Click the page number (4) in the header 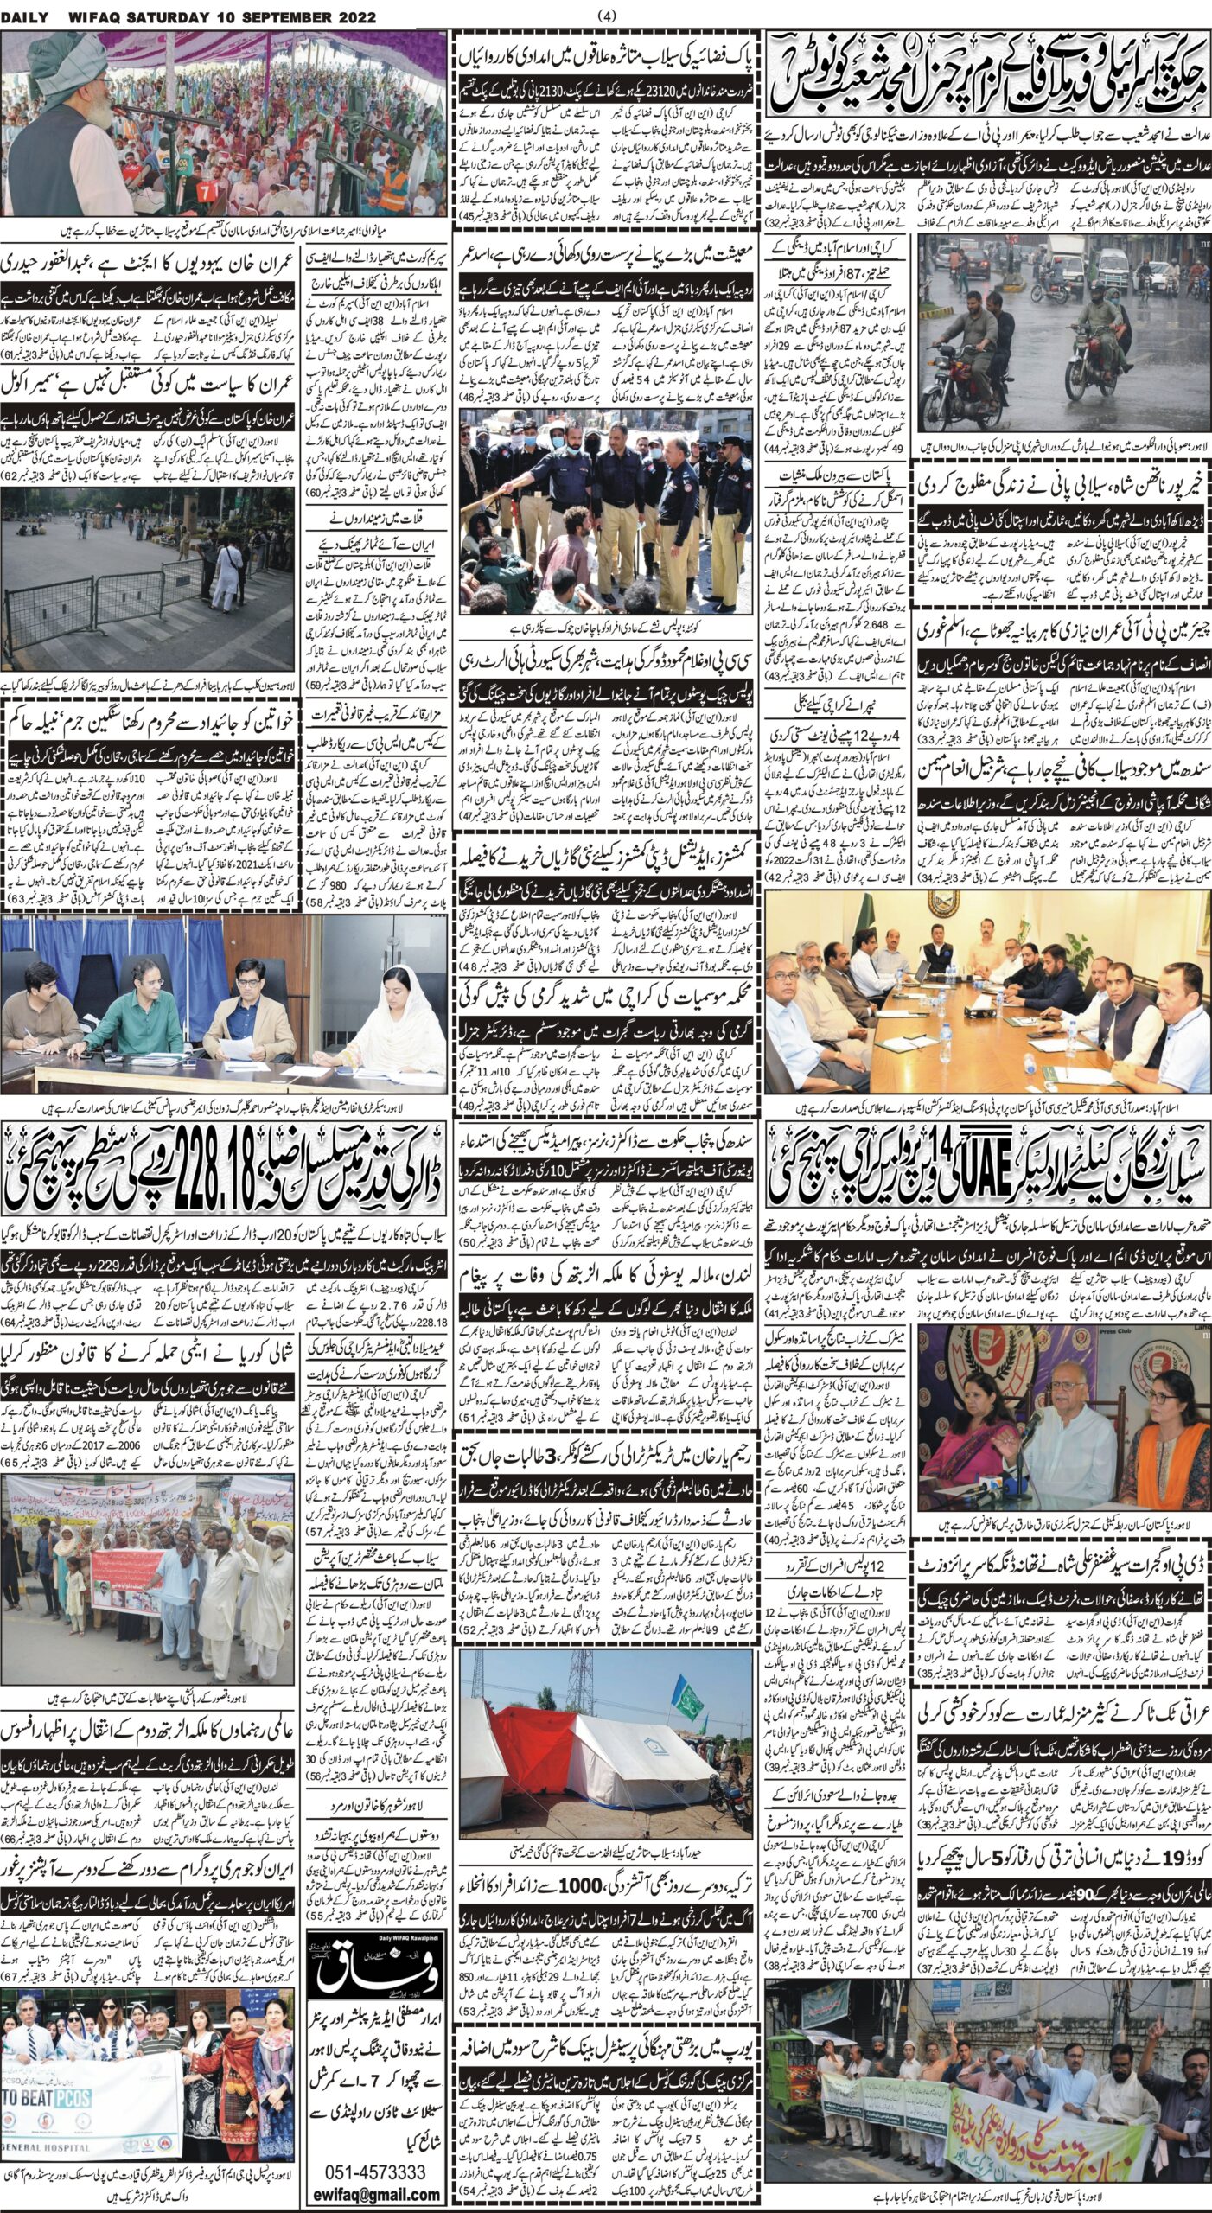(606, 15)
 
